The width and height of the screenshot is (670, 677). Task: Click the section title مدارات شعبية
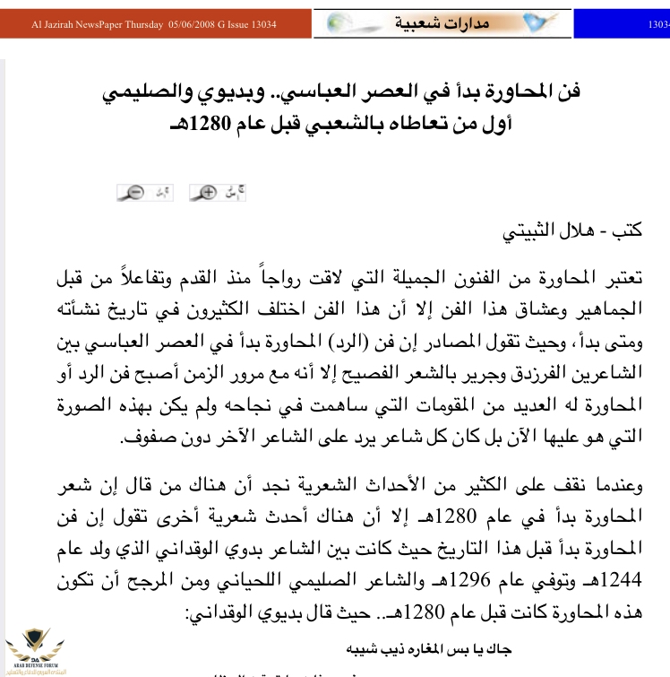coord(444,22)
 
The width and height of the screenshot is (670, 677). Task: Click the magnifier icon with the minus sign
coord(135,192)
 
